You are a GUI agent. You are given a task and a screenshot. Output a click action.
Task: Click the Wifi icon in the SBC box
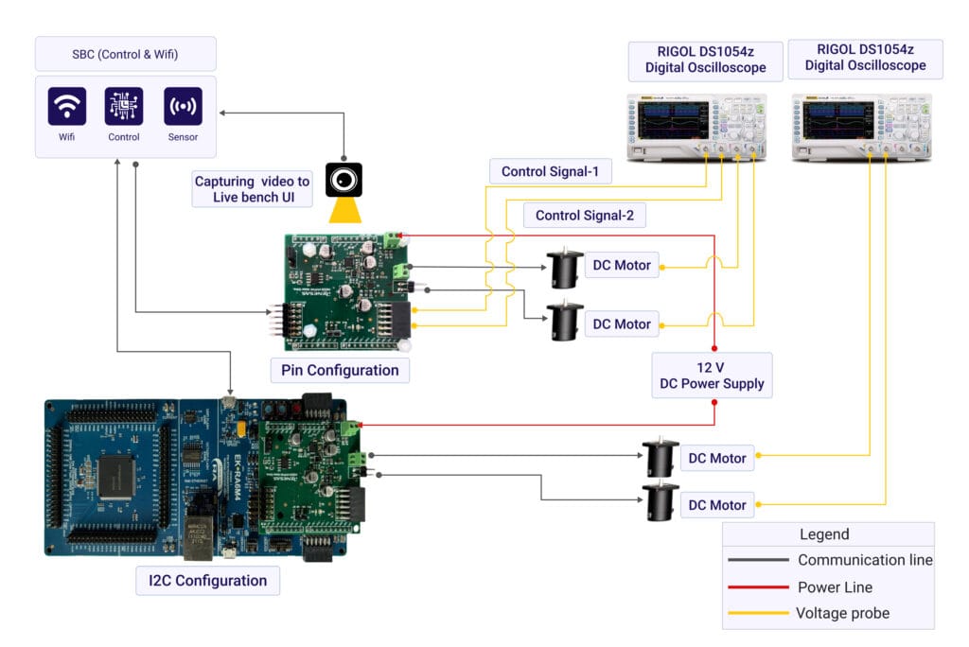click(x=67, y=107)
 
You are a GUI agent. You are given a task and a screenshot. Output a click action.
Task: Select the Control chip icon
click(x=124, y=107)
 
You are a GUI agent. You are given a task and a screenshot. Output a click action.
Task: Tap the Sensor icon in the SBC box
click(x=183, y=107)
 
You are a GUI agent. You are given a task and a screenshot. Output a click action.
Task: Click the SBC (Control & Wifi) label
click(x=126, y=54)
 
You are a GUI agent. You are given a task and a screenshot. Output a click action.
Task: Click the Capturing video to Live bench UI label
click(x=252, y=189)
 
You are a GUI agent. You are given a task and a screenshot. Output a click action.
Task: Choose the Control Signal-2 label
click(x=584, y=215)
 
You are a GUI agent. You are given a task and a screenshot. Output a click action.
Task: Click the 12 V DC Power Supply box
click(x=712, y=376)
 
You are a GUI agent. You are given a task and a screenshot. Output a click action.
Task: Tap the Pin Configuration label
click(x=341, y=370)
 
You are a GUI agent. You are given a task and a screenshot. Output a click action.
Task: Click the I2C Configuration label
click(x=208, y=580)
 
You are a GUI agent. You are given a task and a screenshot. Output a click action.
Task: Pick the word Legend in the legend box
click(x=824, y=534)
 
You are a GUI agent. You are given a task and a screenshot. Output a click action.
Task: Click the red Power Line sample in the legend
click(x=758, y=586)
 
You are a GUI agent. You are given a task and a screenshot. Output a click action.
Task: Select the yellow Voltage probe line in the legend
click(x=758, y=613)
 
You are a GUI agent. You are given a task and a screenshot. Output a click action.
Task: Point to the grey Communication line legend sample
click(x=758, y=560)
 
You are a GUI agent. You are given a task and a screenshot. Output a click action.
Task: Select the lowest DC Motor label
click(x=716, y=505)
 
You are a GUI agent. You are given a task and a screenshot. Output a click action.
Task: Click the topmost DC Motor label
click(x=621, y=265)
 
